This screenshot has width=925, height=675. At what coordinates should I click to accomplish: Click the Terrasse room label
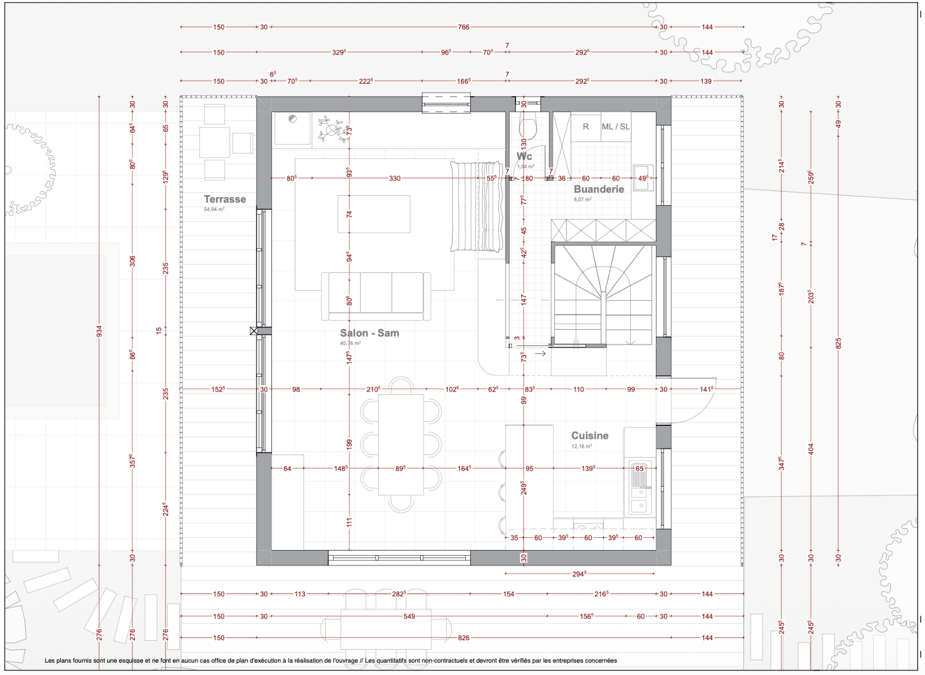coord(224,199)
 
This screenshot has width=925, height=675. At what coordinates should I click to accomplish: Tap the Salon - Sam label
coord(370,333)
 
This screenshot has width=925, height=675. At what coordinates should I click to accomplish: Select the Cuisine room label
coord(590,435)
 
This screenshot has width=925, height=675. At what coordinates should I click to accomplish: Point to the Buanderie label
coord(599,189)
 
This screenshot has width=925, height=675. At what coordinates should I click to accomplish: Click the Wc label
coord(524,156)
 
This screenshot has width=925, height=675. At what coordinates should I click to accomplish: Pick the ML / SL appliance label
coord(616,127)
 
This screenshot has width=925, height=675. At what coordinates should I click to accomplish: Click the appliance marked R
coord(586,127)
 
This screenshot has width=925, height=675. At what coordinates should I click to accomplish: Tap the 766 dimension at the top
coord(463,27)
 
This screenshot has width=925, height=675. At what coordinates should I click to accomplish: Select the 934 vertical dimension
coord(99,331)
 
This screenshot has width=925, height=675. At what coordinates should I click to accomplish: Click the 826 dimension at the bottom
coord(463,638)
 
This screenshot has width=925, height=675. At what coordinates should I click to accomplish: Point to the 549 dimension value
coord(409,616)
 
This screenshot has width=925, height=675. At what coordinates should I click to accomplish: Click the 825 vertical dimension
coord(838,343)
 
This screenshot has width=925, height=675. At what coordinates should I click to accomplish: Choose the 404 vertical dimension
coord(811,449)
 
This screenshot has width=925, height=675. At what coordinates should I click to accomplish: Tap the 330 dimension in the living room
coord(395,178)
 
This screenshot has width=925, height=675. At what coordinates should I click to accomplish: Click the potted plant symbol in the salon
coord(331,129)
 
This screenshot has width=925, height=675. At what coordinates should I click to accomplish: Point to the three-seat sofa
coord(376,296)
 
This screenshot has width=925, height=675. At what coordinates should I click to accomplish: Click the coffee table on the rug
coord(374,214)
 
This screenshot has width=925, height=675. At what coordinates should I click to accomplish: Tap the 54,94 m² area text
coord(214,209)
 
